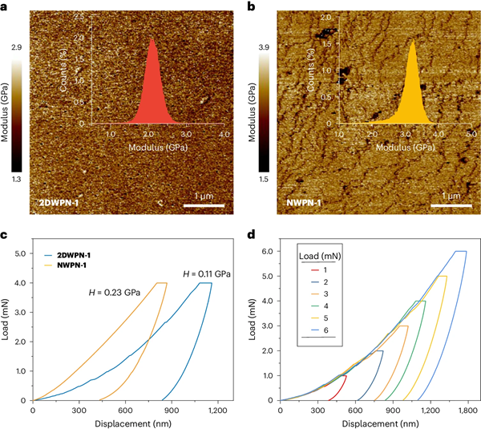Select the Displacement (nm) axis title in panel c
click(126, 422)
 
